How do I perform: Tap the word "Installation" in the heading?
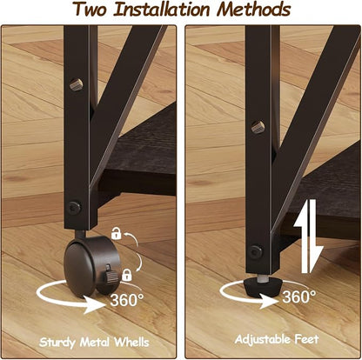[161, 9]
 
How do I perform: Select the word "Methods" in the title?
[254, 9]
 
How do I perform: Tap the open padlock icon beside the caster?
[116, 233]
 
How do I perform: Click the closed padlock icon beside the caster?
[127, 275]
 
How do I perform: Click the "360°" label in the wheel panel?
[127, 300]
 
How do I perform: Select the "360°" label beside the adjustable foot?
[299, 297]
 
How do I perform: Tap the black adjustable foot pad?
[263, 286]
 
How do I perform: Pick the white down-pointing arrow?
[316, 237]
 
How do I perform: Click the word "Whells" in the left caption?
[131, 342]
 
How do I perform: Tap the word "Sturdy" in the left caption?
[57, 343]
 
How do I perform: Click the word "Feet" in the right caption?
[307, 338]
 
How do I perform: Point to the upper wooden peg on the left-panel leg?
[77, 84]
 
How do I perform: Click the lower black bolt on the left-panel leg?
[75, 208]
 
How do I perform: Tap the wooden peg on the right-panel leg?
[258, 127]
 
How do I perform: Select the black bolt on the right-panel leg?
[257, 252]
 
